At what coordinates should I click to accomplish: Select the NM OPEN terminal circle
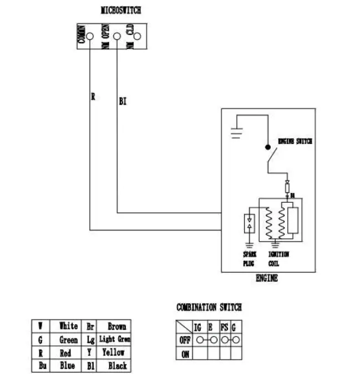pyautogui.click(x=116, y=37)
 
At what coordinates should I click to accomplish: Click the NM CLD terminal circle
pyautogui.click(x=137, y=37)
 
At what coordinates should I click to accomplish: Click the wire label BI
pyautogui.click(x=123, y=103)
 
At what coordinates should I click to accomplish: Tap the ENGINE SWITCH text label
pyautogui.click(x=295, y=141)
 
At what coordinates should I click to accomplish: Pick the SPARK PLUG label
pyautogui.click(x=249, y=259)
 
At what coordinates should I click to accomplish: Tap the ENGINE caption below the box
pyautogui.click(x=267, y=279)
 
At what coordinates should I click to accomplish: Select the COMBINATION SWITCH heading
pyautogui.click(x=209, y=307)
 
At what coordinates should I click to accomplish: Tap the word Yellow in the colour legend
pyautogui.click(x=114, y=352)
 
